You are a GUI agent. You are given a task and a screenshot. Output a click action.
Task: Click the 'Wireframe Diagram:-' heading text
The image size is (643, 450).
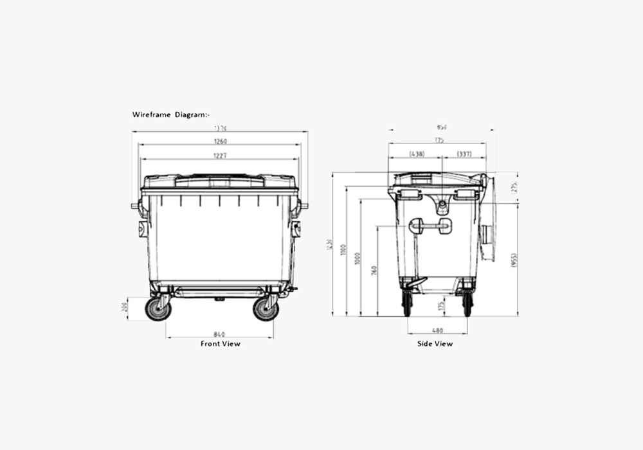coord(170,114)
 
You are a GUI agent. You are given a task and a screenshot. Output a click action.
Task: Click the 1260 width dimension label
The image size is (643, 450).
coord(220,141)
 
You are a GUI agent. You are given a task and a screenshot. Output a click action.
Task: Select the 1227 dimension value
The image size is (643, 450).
coord(220,156)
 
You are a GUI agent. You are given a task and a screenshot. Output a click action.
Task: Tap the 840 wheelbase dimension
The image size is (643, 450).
coord(219,334)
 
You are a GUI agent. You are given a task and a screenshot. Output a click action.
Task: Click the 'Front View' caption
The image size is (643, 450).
coord(220,344)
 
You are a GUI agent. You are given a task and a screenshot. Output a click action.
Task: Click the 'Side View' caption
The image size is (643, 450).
coord(435,344)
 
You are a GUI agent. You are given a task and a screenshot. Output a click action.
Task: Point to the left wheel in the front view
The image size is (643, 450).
coord(158,309)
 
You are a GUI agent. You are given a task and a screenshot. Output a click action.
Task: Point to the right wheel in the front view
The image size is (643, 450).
coord(266,309)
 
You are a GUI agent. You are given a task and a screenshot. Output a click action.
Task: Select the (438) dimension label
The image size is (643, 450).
coord(416,154)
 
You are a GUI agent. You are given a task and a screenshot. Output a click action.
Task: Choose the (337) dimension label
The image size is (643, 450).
coord(464,154)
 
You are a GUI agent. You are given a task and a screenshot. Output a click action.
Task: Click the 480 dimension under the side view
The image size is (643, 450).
coord(437,330)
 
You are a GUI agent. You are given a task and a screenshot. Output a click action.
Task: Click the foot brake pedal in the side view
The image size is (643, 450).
coord(414,282)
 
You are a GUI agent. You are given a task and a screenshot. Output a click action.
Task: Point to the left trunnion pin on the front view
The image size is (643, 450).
coord(136,206)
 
